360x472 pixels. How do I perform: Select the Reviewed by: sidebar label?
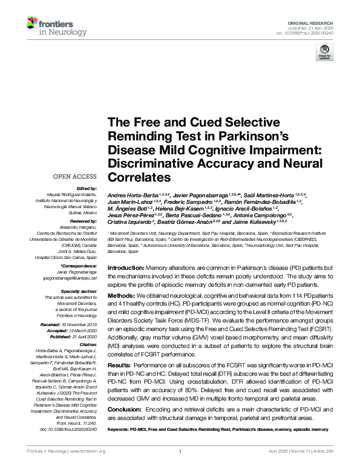(83, 221)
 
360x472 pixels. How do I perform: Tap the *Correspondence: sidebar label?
(80, 266)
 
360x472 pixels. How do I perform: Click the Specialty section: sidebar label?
(80, 292)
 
